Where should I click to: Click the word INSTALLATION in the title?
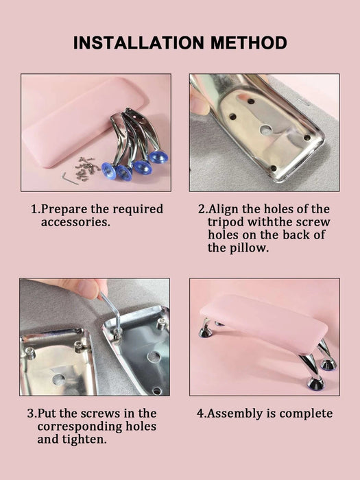click(139, 43)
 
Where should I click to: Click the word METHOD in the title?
click(249, 43)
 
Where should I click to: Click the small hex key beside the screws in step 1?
click(70, 178)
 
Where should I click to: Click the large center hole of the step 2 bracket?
click(266, 130)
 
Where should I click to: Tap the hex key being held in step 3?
click(112, 312)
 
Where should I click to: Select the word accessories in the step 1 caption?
click(75, 222)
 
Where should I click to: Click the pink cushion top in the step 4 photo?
click(264, 323)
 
